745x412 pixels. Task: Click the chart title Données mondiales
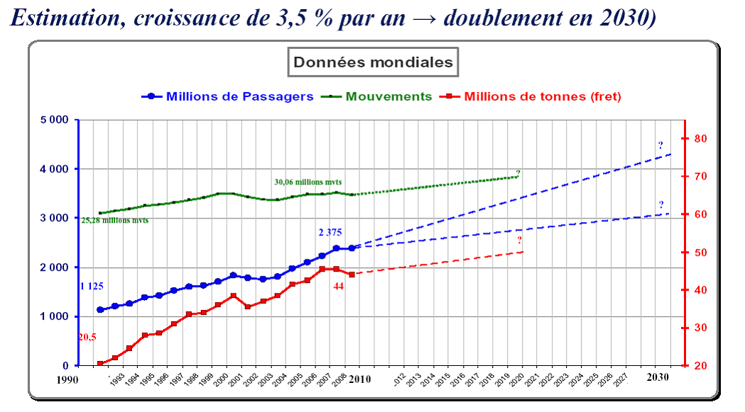373,62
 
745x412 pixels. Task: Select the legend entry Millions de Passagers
239,96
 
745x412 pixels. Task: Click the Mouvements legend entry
388,96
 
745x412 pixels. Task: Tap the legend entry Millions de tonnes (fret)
543,96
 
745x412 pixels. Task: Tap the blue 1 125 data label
91,286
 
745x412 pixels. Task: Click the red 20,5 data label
87,338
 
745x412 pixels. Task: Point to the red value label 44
339,286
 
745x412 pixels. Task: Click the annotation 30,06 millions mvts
312,182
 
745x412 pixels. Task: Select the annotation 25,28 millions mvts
115,221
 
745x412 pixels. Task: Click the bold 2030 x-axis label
658,377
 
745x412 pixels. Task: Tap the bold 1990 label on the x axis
67,380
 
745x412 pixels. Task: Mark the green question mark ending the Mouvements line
518,173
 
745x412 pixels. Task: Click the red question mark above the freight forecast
520,240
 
